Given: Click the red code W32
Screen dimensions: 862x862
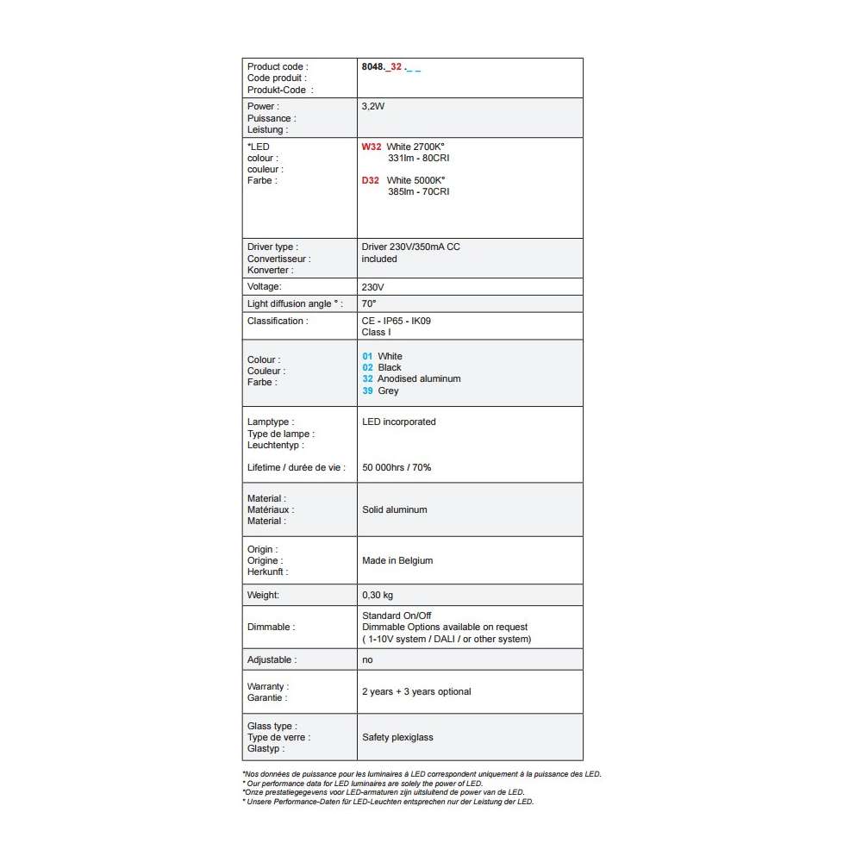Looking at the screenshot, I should [x=372, y=147].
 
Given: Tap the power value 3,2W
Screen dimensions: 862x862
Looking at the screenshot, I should [x=373, y=107].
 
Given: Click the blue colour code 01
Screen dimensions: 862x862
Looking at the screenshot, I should [x=367, y=356].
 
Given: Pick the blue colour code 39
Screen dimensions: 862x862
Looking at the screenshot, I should [x=367, y=390].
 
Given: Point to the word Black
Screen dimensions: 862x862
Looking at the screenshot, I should [x=390, y=367].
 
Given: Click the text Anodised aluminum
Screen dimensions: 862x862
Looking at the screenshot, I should [x=419, y=378].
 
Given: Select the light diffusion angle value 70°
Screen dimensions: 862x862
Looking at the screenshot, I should [x=369, y=303].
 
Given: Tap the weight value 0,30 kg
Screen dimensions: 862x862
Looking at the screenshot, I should [x=378, y=595].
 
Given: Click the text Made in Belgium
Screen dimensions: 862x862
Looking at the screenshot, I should [x=397, y=560].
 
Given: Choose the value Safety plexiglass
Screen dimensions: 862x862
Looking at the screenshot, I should [x=397, y=737].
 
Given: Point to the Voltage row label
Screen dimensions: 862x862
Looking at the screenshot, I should [x=265, y=286].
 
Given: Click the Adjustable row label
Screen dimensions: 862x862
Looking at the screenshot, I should [x=272, y=659].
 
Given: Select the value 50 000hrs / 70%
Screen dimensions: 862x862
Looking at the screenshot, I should [x=397, y=467].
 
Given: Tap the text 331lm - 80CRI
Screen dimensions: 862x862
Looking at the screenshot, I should [x=418, y=159].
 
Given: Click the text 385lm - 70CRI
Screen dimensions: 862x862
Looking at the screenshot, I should [x=418, y=192].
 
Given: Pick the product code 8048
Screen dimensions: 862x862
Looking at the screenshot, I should [x=373, y=66].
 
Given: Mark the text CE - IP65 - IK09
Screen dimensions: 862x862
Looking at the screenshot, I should [x=397, y=321].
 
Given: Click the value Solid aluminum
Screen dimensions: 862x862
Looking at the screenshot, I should [x=395, y=509].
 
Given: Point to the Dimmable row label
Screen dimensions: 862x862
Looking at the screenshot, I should [x=270, y=627].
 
